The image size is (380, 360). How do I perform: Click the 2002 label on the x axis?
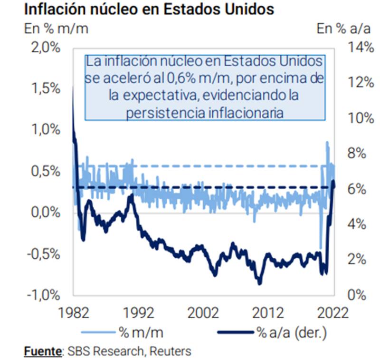tap(204, 312)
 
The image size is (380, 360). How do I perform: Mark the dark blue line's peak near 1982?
tap(73, 86)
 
